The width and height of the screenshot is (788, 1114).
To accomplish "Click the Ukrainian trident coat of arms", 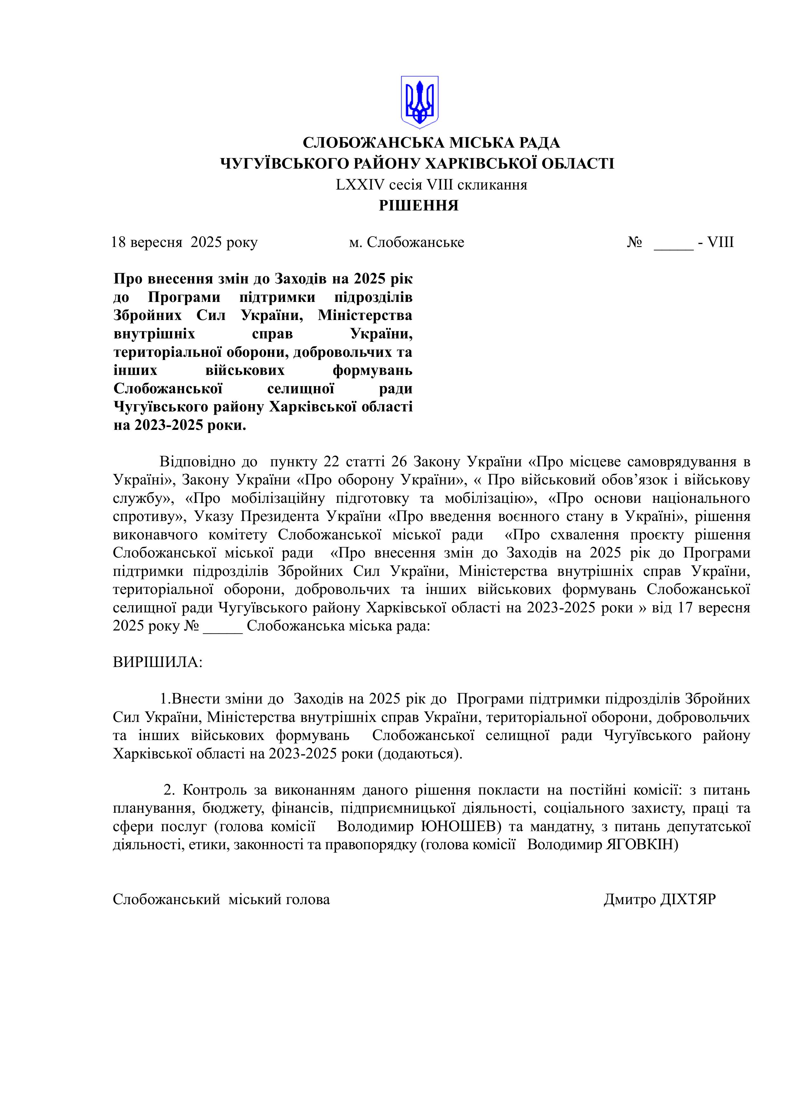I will (419, 102).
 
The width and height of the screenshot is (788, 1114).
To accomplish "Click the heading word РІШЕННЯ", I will (419, 206).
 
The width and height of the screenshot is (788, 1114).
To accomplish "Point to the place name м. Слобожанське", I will (406, 242).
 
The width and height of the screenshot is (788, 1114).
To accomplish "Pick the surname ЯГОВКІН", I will (641, 845).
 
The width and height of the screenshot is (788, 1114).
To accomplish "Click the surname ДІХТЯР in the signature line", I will (688, 899).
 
